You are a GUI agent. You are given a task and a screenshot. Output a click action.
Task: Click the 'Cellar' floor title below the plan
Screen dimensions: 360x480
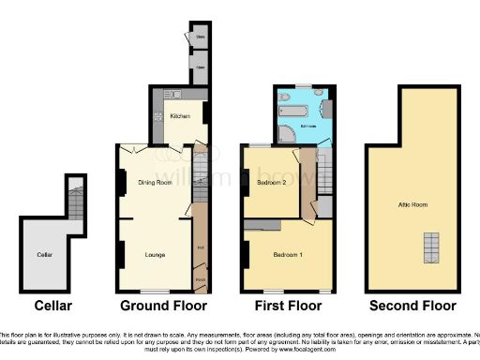click(x=52, y=306)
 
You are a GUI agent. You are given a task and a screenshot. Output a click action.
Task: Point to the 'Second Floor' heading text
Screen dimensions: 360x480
click(x=412, y=306)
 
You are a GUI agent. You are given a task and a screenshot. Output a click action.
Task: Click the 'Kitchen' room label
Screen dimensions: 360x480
click(x=179, y=116)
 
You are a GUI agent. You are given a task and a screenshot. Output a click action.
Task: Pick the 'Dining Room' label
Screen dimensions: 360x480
click(x=154, y=182)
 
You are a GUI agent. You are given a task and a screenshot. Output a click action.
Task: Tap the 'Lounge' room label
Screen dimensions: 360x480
click(x=156, y=254)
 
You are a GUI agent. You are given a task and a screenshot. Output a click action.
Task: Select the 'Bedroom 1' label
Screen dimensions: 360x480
click(x=286, y=255)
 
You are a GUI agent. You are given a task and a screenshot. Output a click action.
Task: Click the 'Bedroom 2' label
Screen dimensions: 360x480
click(x=271, y=183)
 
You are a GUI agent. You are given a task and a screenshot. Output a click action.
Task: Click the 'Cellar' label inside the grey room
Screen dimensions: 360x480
click(x=44, y=254)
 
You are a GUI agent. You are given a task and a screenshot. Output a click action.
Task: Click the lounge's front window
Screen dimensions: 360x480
click(x=156, y=291)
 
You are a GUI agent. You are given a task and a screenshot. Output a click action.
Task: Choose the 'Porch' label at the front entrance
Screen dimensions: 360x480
click(x=201, y=278)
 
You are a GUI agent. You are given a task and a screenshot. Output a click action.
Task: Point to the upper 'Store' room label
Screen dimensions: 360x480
click(x=200, y=38)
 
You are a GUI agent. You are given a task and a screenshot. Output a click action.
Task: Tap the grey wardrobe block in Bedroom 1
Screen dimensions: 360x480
click(x=262, y=225)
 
